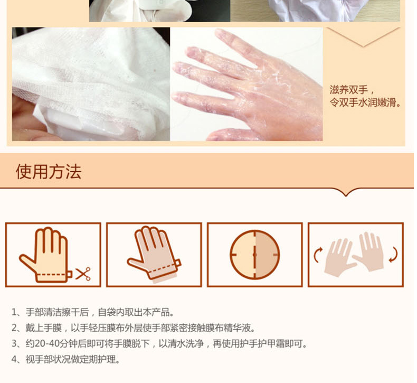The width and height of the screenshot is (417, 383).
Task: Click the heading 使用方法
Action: (x=49, y=171)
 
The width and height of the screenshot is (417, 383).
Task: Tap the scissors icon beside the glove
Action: (x=83, y=274)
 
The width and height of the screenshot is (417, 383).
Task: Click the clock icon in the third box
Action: (x=255, y=255)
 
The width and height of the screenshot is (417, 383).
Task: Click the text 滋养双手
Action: (x=349, y=90)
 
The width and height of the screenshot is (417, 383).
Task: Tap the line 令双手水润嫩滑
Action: (x=365, y=102)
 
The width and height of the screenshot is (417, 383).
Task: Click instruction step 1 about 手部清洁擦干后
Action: (x=92, y=312)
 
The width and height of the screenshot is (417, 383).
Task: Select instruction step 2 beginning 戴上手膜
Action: (x=133, y=328)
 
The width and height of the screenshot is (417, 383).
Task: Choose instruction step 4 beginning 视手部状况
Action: (x=65, y=360)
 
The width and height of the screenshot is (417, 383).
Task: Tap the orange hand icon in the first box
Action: (x=45, y=255)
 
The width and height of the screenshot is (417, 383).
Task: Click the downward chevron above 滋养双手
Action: (x=364, y=38)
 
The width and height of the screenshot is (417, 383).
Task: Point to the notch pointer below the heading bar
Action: (x=346, y=192)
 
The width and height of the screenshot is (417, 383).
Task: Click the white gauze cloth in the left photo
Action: (x=90, y=80)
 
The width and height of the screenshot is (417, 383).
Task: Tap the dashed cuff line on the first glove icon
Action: (x=51, y=274)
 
